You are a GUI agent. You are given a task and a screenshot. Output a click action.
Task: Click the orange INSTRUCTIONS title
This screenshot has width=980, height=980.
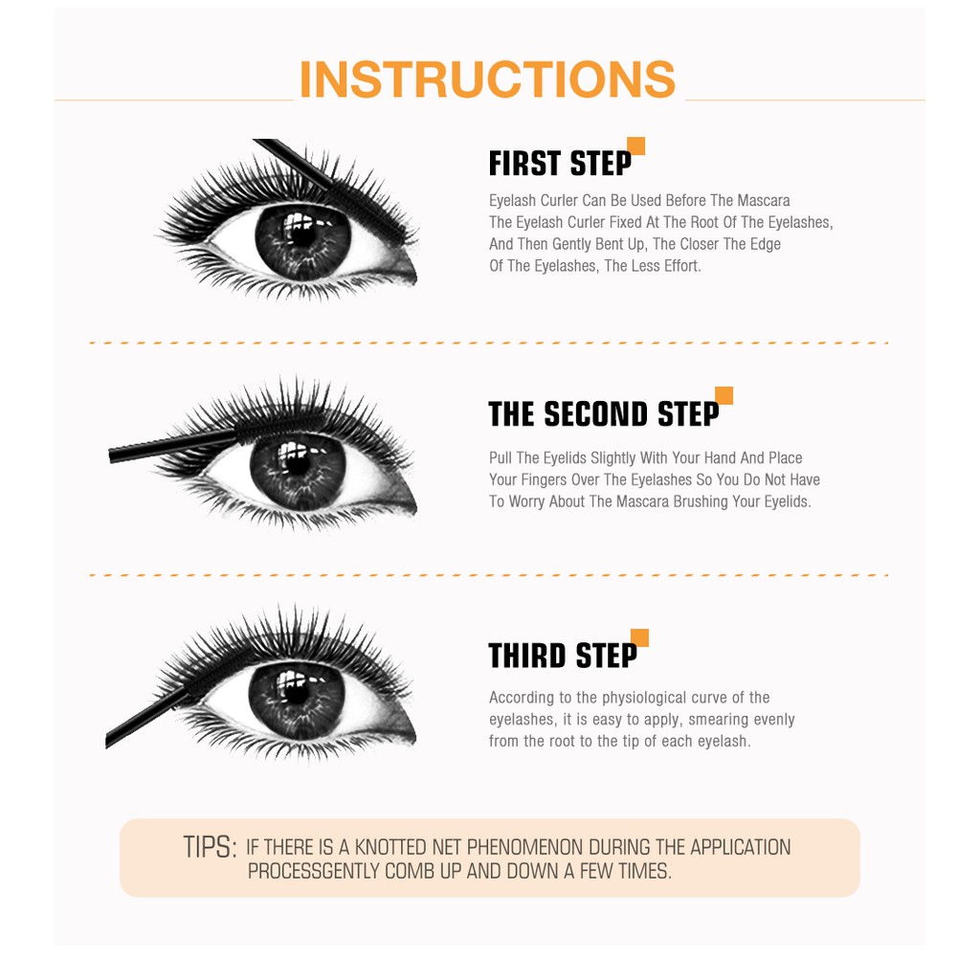coord(487,79)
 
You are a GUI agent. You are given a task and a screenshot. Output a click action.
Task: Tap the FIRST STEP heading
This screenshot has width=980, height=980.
coord(560,164)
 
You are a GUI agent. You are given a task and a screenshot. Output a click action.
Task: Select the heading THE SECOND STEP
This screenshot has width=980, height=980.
coord(604,414)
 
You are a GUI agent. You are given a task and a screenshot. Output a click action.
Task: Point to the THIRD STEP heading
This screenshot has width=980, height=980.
coord(563,656)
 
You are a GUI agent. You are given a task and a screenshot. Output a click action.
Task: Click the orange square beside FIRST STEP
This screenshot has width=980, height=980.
coord(636,146)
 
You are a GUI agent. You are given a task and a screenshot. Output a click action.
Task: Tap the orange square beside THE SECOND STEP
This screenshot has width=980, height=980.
coord(724,395)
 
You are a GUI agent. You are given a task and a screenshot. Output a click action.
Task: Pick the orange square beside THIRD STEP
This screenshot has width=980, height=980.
coord(640,637)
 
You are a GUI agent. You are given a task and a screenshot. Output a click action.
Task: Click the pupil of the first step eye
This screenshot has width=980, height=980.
coord(303,236)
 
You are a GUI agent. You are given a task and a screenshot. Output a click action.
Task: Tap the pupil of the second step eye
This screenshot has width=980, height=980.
coord(298,464)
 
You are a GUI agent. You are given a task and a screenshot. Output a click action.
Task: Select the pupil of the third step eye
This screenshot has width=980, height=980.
coord(297,693)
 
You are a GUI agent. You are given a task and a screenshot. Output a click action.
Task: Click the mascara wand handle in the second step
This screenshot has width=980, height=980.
coord(173,446)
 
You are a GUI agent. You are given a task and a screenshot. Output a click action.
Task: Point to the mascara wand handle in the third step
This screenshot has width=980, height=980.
coord(146,718)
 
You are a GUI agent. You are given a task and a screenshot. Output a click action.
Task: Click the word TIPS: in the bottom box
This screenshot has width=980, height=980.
coord(210,847)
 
